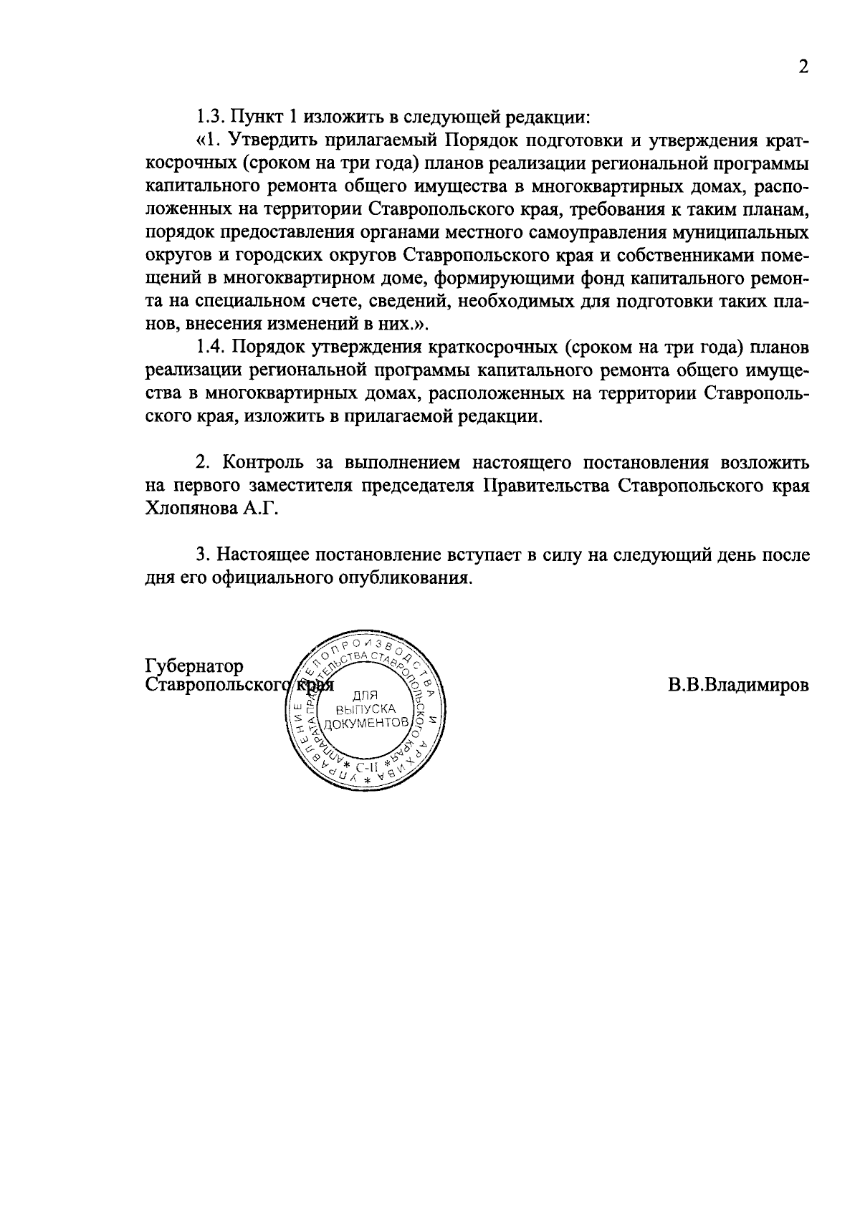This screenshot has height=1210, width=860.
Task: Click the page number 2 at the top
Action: tap(803, 67)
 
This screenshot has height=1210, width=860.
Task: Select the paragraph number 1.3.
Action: tap(209, 115)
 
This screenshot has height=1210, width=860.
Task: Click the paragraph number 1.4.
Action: tap(210, 347)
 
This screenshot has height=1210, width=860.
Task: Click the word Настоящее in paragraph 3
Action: tap(267, 555)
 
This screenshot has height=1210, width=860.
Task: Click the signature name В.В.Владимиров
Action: tap(739, 685)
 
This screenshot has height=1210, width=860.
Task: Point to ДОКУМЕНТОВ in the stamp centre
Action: tap(366, 724)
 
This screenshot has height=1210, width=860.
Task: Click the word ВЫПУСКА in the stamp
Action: tap(365, 710)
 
